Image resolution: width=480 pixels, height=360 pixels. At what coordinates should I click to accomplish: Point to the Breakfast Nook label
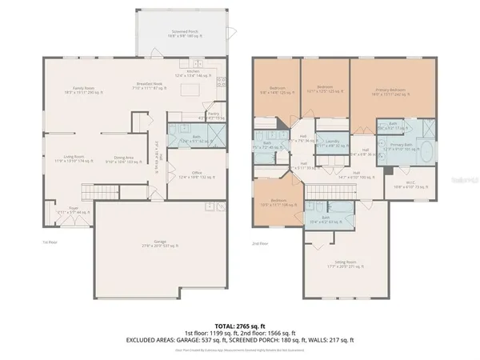point(148,86)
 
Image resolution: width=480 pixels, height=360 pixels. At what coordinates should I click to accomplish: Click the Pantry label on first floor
point(213,115)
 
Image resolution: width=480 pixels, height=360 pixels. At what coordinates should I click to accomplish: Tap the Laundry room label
point(327,144)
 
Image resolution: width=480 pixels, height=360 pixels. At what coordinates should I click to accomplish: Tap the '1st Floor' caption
point(49,241)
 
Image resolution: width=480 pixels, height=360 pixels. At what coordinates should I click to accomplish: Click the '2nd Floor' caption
point(259,242)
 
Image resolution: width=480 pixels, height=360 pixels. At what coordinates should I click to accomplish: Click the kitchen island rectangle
point(187,94)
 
